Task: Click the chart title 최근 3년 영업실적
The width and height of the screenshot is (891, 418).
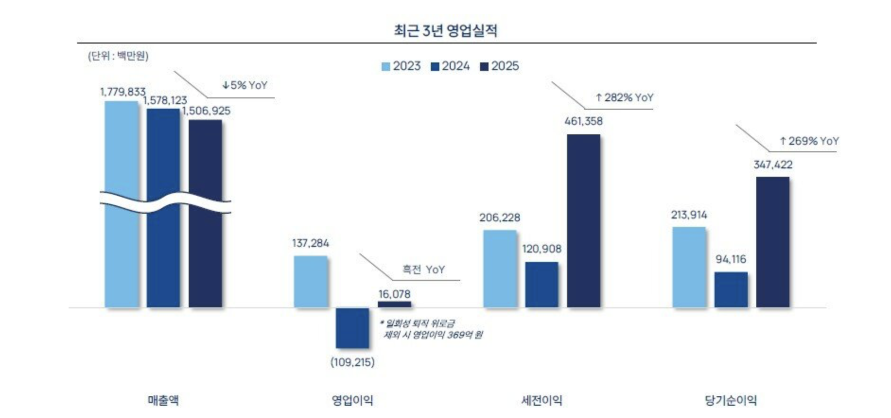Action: [x=445, y=31]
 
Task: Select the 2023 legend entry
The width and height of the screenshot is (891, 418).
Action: [x=401, y=66]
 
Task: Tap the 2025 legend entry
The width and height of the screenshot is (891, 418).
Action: [x=499, y=66]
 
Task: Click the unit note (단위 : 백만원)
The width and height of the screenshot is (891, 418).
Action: [x=118, y=56]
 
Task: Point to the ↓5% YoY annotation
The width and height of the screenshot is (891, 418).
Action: [x=245, y=85]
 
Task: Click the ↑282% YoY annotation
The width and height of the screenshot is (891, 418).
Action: [x=624, y=97]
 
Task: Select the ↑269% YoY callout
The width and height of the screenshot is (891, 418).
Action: [x=809, y=141]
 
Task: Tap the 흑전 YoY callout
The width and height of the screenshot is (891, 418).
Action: [x=423, y=270]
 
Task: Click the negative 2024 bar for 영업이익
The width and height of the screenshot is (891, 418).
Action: [x=352, y=328]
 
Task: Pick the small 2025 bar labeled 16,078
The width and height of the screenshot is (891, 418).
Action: [x=394, y=304]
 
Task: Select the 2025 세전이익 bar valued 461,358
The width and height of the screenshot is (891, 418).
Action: [x=584, y=221]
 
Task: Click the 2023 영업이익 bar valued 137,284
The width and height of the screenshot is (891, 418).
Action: [x=310, y=281]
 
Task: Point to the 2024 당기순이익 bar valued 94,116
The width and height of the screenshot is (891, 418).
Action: [x=731, y=289]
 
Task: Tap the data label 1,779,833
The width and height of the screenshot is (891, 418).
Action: [x=122, y=92]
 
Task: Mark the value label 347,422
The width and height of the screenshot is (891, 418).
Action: [x=773, y=165]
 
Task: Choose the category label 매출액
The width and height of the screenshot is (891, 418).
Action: [x=163, y=401]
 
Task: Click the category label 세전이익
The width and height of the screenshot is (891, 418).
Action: [x=542, y=401]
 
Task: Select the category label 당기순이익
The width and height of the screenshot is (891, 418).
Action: [x=731, y=401]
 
